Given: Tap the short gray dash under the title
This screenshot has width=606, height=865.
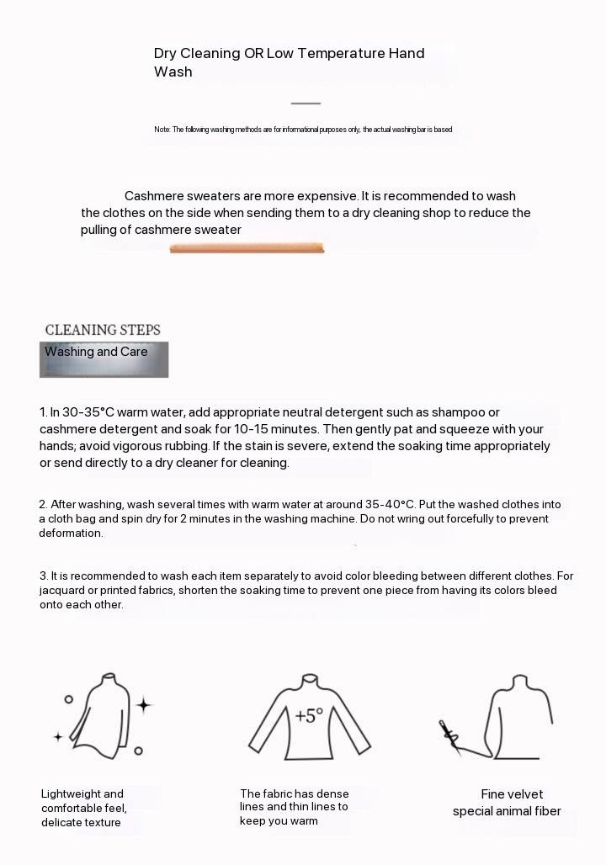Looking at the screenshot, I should (x=306, y=103).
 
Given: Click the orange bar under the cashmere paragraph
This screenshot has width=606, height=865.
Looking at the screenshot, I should (x=247, y=247).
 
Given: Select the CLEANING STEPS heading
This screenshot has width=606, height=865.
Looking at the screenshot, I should (x=103, y=330).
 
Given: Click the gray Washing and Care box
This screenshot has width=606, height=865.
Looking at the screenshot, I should (x=104, y=359).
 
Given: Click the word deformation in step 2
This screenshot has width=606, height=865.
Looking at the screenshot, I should (x=71, y=533).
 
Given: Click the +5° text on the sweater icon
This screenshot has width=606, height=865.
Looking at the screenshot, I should (x=309, y=716).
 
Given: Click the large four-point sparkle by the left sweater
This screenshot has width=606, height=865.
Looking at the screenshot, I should (x=144, y=705).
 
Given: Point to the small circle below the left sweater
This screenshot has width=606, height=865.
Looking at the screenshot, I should (x=138, y=751).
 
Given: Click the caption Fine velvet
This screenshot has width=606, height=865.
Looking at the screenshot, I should (x=512, y=794).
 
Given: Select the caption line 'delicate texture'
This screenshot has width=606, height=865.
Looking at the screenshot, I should (x=81, y=822).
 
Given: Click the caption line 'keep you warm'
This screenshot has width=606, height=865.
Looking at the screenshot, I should (x=279, y=820).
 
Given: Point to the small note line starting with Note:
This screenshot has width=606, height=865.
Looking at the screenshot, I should (x=303, y=130).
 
